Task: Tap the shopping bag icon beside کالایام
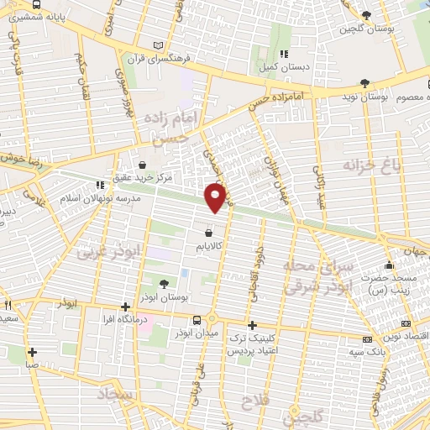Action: coord(208,232)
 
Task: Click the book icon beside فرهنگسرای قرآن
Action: coord(160,46)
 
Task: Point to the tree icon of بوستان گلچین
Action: coord(365,14)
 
